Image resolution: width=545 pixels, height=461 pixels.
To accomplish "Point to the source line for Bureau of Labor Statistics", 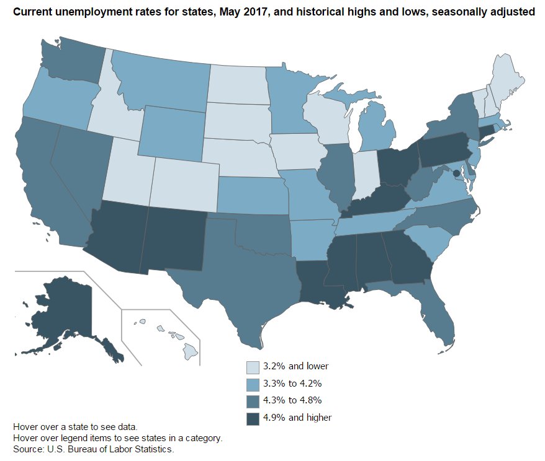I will (93, 449).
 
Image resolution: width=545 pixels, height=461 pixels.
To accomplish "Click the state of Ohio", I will (397, 165).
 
